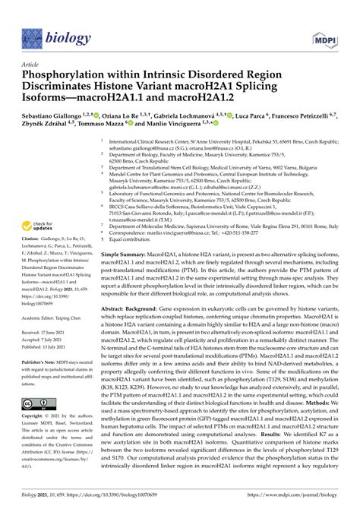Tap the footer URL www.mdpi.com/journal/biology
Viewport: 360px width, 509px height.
coord(305,495)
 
